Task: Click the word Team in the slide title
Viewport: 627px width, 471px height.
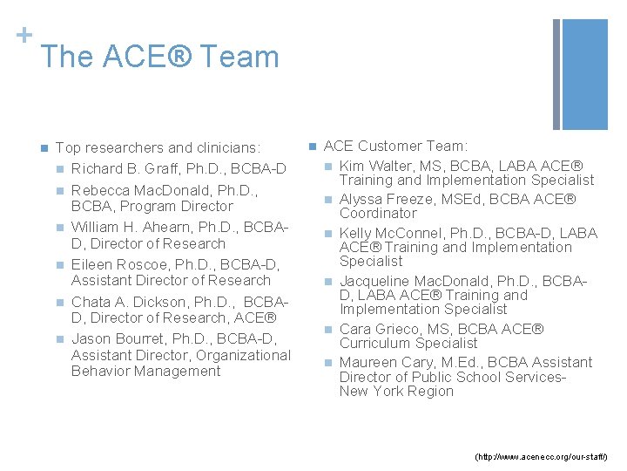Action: coord(239,58)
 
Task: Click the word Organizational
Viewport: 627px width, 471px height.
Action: coord(243,355)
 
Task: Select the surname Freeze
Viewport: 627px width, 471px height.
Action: coord(412,199)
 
